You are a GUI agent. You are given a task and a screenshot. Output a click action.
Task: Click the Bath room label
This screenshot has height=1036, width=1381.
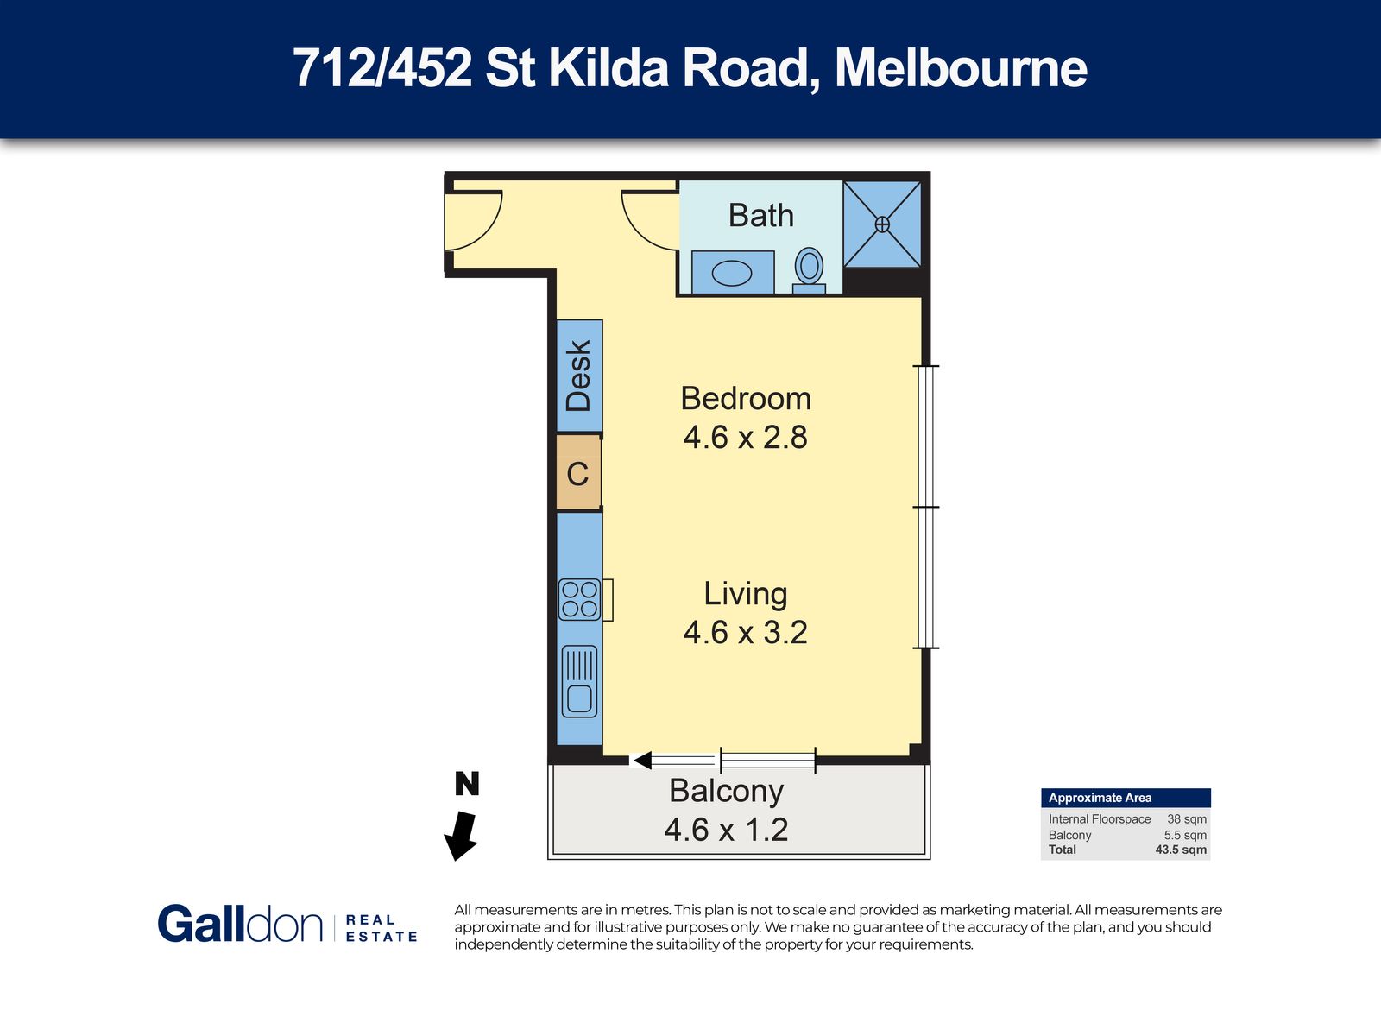760,215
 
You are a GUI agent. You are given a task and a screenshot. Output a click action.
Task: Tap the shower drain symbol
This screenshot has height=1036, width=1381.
882,224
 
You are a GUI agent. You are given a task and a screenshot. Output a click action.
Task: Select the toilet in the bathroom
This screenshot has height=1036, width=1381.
809,270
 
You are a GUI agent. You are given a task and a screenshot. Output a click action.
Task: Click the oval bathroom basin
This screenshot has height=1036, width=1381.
732,274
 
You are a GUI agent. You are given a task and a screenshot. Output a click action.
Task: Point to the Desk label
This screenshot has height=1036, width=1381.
579,376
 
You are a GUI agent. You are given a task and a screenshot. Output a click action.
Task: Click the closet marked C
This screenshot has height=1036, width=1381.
578,474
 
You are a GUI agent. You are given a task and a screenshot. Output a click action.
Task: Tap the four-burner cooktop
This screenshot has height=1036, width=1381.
579,599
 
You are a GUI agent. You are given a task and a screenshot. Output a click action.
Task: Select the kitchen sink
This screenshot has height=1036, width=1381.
579,682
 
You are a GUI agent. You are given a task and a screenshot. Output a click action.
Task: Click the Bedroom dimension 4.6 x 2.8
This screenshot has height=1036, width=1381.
746,437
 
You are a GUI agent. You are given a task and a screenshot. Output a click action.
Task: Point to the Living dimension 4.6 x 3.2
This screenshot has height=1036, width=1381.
746,632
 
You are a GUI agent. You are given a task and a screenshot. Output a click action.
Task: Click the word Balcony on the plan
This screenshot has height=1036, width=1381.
726,792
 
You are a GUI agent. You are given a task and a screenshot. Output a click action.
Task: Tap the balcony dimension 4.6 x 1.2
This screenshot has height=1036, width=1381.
726,830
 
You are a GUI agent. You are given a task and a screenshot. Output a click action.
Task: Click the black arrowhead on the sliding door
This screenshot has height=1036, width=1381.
642,761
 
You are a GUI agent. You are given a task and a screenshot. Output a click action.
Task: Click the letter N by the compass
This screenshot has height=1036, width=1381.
467,784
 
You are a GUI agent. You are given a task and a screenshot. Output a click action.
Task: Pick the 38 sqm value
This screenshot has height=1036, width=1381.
1187,819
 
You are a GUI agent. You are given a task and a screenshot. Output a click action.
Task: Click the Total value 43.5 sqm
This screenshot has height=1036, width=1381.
1181,850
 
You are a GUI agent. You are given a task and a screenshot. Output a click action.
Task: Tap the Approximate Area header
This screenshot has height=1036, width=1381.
1100,798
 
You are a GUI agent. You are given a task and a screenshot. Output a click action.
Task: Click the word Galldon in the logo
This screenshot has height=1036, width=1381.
240,924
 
